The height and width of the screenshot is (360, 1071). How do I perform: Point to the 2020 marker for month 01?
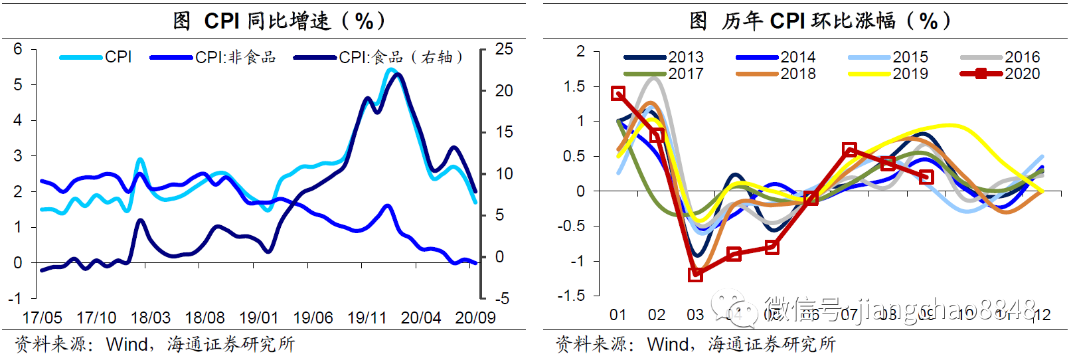618,94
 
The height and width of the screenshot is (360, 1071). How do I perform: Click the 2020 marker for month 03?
695,274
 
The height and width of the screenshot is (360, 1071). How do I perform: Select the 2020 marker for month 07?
849,150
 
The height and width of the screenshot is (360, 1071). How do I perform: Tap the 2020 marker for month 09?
927,177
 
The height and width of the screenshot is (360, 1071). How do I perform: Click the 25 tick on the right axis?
504,49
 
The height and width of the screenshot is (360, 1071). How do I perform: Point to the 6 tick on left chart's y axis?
18,49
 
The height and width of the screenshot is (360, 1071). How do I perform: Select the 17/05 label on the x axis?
42,318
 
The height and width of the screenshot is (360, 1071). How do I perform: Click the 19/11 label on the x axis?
367,318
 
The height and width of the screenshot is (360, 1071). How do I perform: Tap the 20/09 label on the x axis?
475,318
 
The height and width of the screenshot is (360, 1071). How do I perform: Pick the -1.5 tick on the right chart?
572,296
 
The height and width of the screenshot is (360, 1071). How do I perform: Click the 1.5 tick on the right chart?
574,86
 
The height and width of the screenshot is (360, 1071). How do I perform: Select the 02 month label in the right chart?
657,315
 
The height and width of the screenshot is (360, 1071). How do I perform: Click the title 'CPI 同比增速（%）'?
279,21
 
